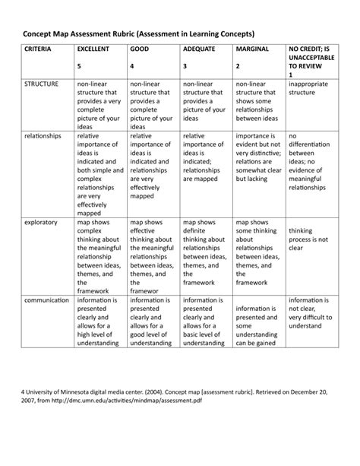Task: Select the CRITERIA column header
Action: [39, 49]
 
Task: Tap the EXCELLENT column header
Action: [93, 49]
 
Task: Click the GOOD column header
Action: [139, 49]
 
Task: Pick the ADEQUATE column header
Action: [199, 49]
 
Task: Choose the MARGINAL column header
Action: [253, 49]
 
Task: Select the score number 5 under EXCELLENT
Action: [78, 66]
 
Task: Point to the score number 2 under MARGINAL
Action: [238, 66]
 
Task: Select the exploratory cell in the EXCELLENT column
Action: [98, 257]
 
